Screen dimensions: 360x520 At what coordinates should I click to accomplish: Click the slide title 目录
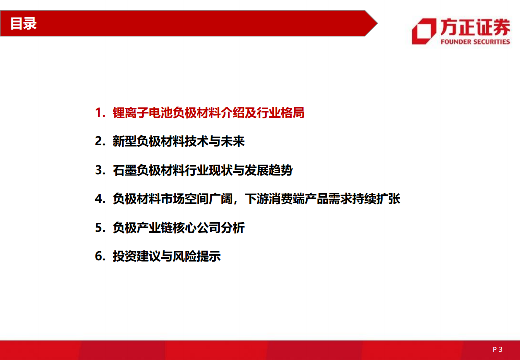pos(23,24)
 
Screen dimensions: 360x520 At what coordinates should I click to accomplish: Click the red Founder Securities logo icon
pos(423,31)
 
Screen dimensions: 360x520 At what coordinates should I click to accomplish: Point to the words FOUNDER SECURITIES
pos(475,42)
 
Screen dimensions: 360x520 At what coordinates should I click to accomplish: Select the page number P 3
pos(497,349)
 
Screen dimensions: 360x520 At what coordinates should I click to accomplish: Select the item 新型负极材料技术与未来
pos(178,142)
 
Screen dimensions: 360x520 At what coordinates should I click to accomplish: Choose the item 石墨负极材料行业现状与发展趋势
pos(202,171)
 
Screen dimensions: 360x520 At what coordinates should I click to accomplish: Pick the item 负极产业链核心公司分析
pos(178,228)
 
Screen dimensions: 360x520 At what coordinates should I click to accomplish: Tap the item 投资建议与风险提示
pos(166,257)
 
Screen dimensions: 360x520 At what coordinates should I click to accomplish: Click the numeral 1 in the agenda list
pos(98,113)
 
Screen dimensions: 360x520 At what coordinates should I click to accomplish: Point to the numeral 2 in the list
pos(98,142)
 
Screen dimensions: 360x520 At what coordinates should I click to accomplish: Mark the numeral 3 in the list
pos(98,171)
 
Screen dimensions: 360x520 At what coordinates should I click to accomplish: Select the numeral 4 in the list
pos(98,199)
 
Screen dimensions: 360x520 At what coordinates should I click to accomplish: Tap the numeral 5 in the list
pos(98,228)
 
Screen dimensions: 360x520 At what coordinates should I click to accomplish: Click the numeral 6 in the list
pos(98,257)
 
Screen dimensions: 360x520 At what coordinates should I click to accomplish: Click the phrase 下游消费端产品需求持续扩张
pos(323,199)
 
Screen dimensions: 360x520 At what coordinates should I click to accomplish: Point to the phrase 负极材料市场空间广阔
pos(172,199)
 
